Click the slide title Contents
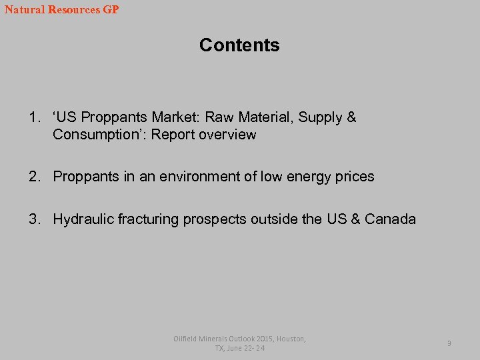(239, 45)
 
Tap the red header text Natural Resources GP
(61, 10)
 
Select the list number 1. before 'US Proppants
(35, 118)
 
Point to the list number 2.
(35, 177)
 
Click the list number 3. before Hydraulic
(35, 219)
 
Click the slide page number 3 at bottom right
(449, 343)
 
